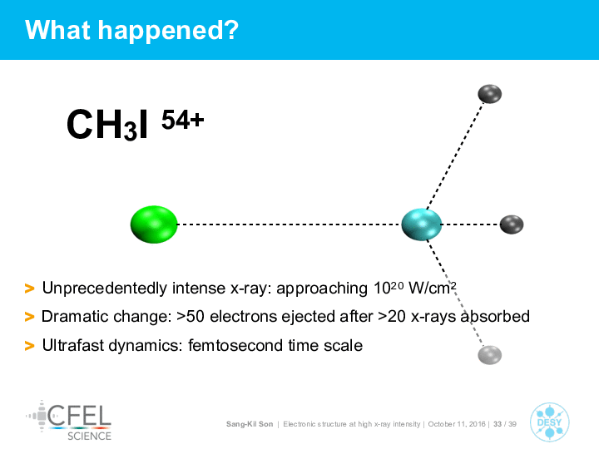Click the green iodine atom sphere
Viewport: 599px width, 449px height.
(x=154, y=224)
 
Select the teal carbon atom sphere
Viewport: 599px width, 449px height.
(x=421, y=224)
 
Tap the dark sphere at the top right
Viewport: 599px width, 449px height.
(x=489, y=94)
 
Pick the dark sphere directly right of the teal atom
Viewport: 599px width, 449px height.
(x=512, y=224)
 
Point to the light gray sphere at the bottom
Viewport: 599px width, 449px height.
(x=489, y=355)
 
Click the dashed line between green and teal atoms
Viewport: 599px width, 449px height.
(x=290, y=224)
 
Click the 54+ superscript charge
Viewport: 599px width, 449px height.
(x=182, y=120)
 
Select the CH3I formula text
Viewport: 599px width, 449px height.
(x=107, y=125)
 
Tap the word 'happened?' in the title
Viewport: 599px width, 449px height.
(x=168, y=30)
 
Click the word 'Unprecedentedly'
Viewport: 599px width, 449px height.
(x=104, y=289)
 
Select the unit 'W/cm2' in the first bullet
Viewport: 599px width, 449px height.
(x=433, y=288)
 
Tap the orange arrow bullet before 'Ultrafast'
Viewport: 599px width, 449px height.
(x=29, y=346)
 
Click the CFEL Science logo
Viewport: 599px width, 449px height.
(x=69, y=421)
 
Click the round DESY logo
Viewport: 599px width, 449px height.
(x=549, y=422)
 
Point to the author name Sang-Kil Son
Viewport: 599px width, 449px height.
(x=250, y=424)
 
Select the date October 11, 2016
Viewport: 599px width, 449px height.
(x=457, y=424)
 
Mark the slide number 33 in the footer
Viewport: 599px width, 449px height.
(x=498, y=424)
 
